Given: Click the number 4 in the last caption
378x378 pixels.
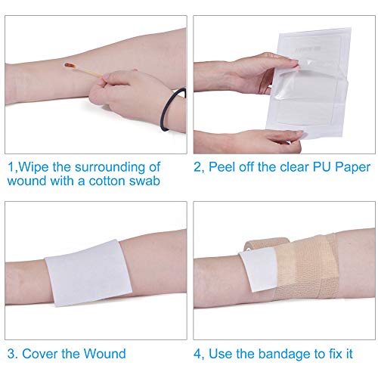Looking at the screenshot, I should (197, 353).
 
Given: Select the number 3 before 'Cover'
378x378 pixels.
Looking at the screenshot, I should (11, 353).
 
